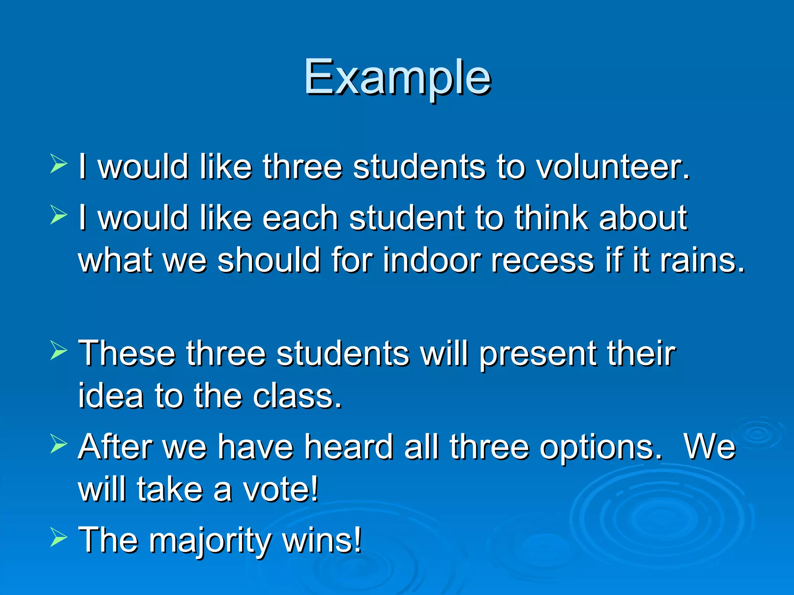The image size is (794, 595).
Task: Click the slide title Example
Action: pos(397,77)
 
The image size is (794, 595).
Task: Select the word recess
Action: pos(543,260)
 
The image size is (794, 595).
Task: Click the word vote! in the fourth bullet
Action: pos(281,490)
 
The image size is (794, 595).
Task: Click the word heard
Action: pos(349,447)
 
